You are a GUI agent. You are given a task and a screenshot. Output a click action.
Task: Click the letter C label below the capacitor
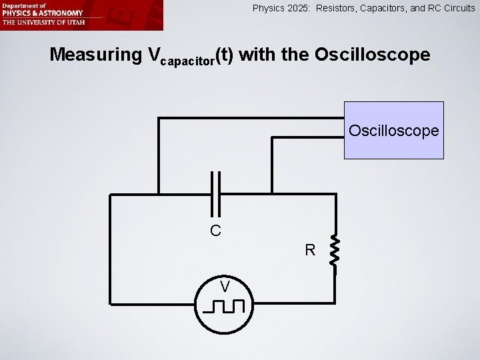215,231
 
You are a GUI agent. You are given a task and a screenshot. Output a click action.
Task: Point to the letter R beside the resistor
310,251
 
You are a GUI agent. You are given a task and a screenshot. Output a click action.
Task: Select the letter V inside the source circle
226,287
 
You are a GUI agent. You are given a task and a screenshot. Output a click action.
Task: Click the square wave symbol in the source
225,307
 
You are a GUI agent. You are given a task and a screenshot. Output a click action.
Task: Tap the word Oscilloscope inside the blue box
394,130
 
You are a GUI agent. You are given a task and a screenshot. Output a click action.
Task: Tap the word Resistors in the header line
339,9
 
